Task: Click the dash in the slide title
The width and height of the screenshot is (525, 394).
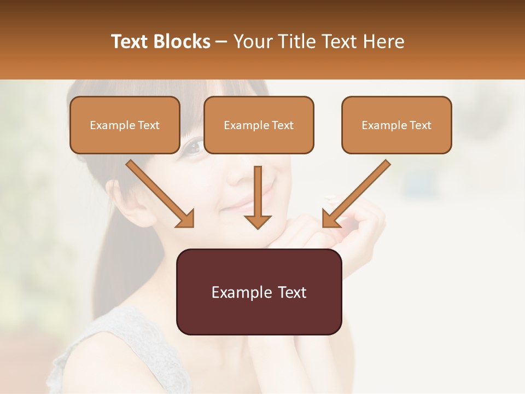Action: [222, 42]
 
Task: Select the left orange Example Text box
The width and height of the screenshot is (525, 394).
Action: [125, 125]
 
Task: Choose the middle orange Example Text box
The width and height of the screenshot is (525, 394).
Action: [259, 125]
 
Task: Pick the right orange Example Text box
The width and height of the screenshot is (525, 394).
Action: [396, 125]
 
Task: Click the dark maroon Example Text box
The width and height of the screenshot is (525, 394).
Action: [259, 292]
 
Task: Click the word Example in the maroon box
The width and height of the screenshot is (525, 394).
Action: [239, 292]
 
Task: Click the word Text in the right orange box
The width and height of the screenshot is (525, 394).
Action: [419, 125]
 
